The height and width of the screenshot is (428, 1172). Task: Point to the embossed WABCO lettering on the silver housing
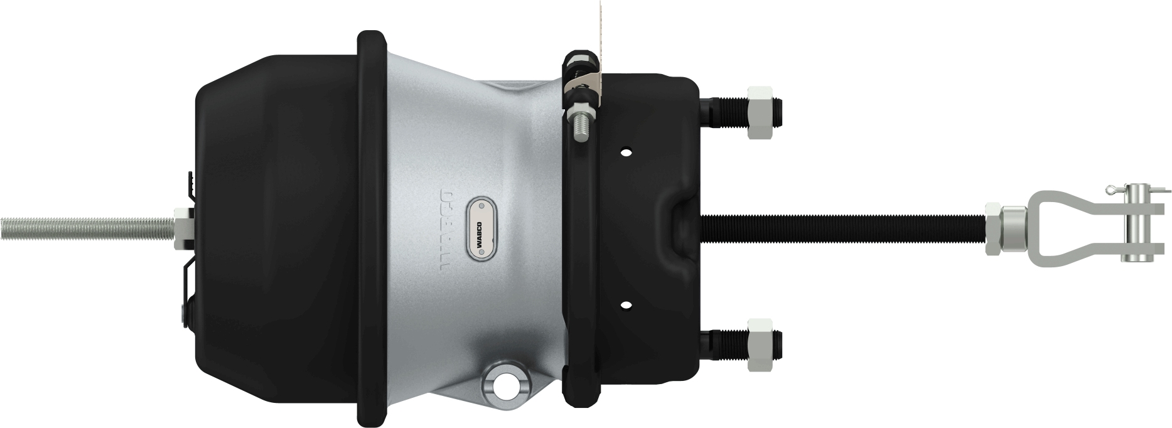point(446,227)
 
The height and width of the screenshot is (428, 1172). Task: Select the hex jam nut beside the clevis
point(992,228)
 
